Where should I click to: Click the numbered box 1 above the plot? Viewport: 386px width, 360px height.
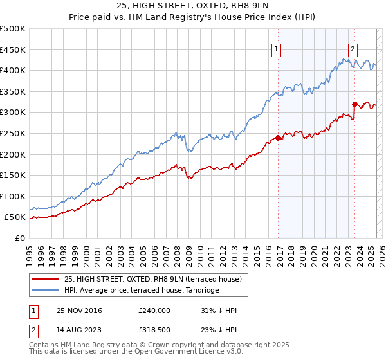pyautogui.click(x=276, y=48)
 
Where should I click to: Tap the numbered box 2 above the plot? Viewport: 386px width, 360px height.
pyautogui.click(x=353, y=48)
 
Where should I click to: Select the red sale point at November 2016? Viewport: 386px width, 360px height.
pyautogui.click(x=278, y=138)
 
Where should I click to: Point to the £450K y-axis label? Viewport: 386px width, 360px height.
pyautogui.click(x=13, y=50)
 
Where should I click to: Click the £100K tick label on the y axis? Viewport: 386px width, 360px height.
pyautogui.click(x=13, y=196)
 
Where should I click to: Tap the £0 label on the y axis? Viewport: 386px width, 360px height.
pyautogui.click(x=19, y=238)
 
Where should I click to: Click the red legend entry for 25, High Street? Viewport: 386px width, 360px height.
pyautogui.click(x=152, y=279)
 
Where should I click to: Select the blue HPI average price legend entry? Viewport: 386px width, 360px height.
pyautogui.click(x=141, y=291)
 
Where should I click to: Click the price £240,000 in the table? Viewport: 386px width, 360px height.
pyautogui.click(x=154, y=310)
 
